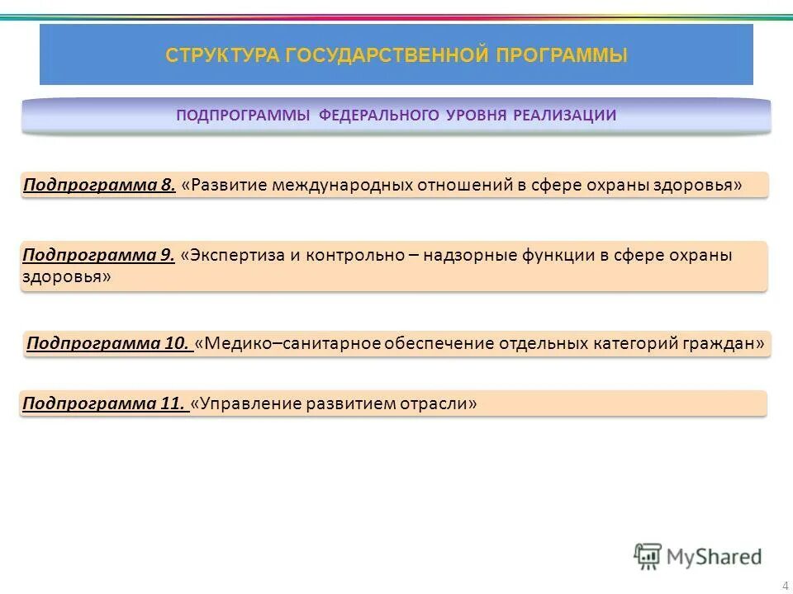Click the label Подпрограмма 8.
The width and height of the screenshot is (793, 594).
(99, 185)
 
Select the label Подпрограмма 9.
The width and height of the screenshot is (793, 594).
(98, 256)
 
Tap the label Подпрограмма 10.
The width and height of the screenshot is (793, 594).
(109, 343)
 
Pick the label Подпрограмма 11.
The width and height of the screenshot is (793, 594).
(103, 403)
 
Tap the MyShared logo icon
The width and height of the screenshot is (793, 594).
(648, 556)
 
